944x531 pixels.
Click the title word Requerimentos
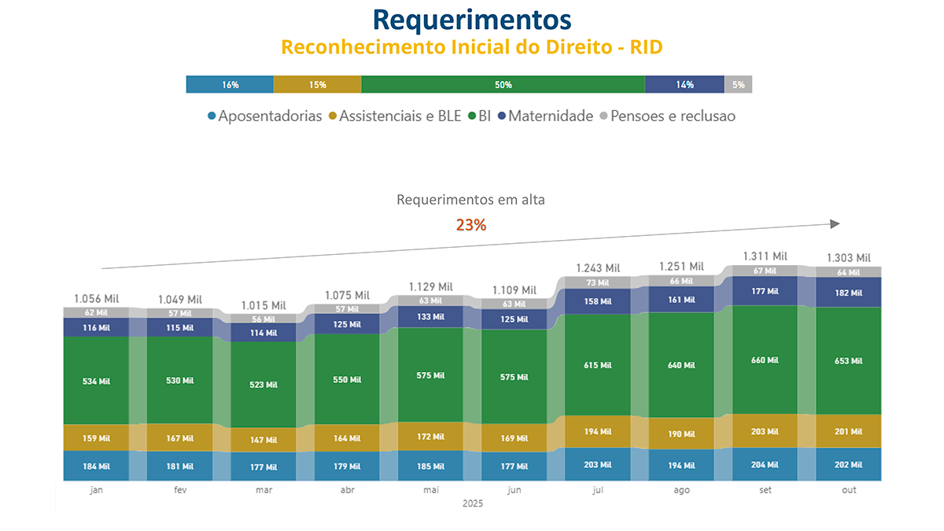pyautogui.click(x=471, y=18)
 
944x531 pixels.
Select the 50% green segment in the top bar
pyautogui.click(x=503, y=85)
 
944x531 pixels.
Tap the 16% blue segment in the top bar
pyautogui.click(x=230, y=85)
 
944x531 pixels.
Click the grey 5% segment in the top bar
pyautogui.click(x=738, y=85)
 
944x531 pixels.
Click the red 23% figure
pyautogui.click(x=471, y=225)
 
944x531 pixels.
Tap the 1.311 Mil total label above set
pyautogui.click(x=765, y=256)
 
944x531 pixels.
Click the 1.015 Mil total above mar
pyautogui.click(x=264, y=305)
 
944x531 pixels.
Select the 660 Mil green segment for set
pyautogui.click(x=765, y=360)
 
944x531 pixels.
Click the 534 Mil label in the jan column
pyautogui.click(x=98, y=381)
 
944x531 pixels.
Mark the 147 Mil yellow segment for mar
pyautogui.click(x=264, y=440)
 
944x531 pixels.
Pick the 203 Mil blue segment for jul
pyautogui.click(x=599, y=465)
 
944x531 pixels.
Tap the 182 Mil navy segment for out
pyautogui.click(x=849, y=292)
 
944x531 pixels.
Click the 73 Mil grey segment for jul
pyautogui.click(x=599, y=282)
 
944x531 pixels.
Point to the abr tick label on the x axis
pyautogui.click(x=348, y=490)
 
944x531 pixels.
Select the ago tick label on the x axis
pyautogui.click(x=682, y=490)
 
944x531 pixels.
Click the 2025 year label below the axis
pyautogui.click(x=472, y=503)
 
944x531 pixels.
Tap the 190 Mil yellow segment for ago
pyautogui.click(x=682, y=433)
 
